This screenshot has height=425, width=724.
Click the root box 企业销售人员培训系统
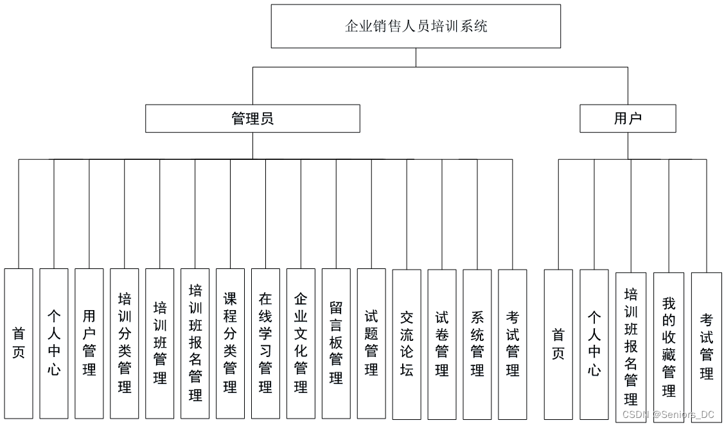416,26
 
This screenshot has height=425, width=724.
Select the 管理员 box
252,119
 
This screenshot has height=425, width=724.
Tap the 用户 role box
628,119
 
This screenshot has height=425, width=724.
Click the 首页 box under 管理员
19,343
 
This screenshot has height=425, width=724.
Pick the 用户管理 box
89,343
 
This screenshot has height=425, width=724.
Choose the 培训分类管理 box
124,343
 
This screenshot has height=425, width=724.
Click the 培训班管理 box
160,343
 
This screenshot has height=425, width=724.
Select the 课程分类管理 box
230,343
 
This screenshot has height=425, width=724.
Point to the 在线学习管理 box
265,343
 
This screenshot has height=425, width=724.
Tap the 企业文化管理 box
301,343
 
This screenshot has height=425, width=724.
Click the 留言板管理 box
336,343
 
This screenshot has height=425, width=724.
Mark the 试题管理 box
371,343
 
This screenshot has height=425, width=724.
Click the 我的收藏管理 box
669,347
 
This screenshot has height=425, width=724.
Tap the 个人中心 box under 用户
594,345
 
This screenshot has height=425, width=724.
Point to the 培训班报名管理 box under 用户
631,347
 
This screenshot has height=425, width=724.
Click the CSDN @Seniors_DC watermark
668,414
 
